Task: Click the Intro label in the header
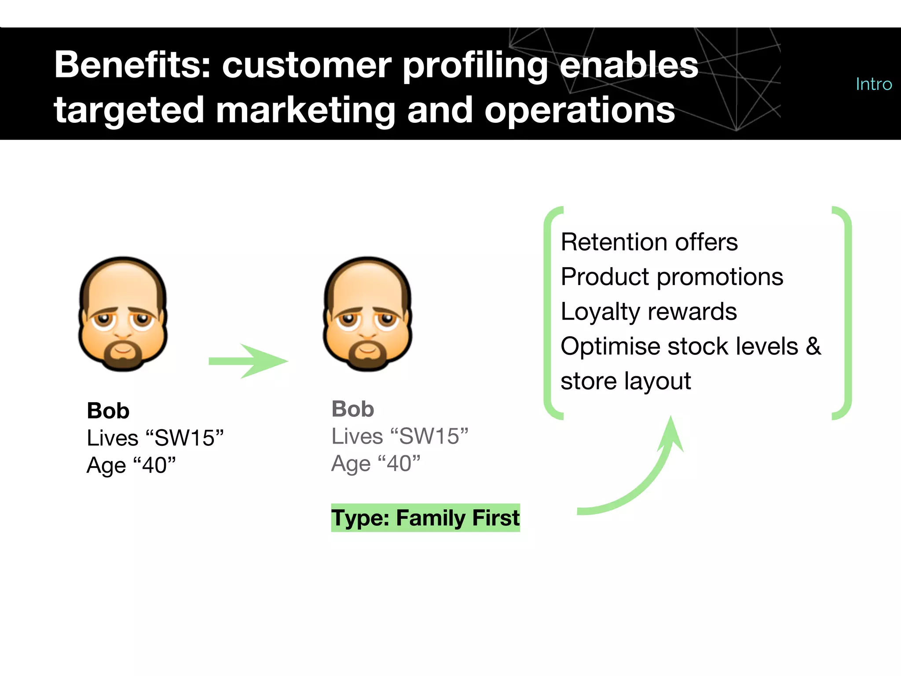pos(873,84)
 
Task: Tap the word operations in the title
pos(579,110)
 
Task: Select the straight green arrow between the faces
pos(249,361)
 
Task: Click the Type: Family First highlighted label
pos(425,518)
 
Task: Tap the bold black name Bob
pos(108,411)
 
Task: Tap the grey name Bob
pos(352,409)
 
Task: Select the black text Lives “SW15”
pos(155,438)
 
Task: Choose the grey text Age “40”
pos(376,463)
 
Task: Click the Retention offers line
pos(649,242)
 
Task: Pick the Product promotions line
pos(672,277)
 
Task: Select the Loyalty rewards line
pos(648,312)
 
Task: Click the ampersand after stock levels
pos(813,346)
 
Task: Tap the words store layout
pos(625,381)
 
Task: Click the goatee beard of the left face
pos(123,356)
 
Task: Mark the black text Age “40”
pos(131,465)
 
